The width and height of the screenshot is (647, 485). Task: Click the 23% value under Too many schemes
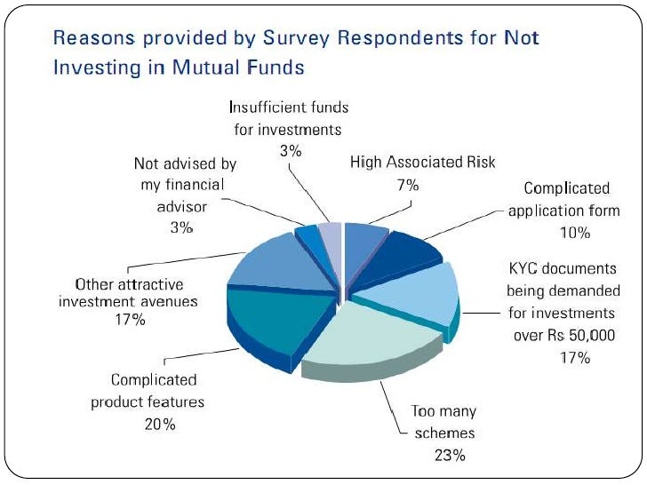(450, 456)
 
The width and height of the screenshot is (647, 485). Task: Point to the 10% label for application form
(575, 233)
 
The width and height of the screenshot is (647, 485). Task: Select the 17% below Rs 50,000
(575, 358)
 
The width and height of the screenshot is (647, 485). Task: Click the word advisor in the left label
(180, 206)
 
